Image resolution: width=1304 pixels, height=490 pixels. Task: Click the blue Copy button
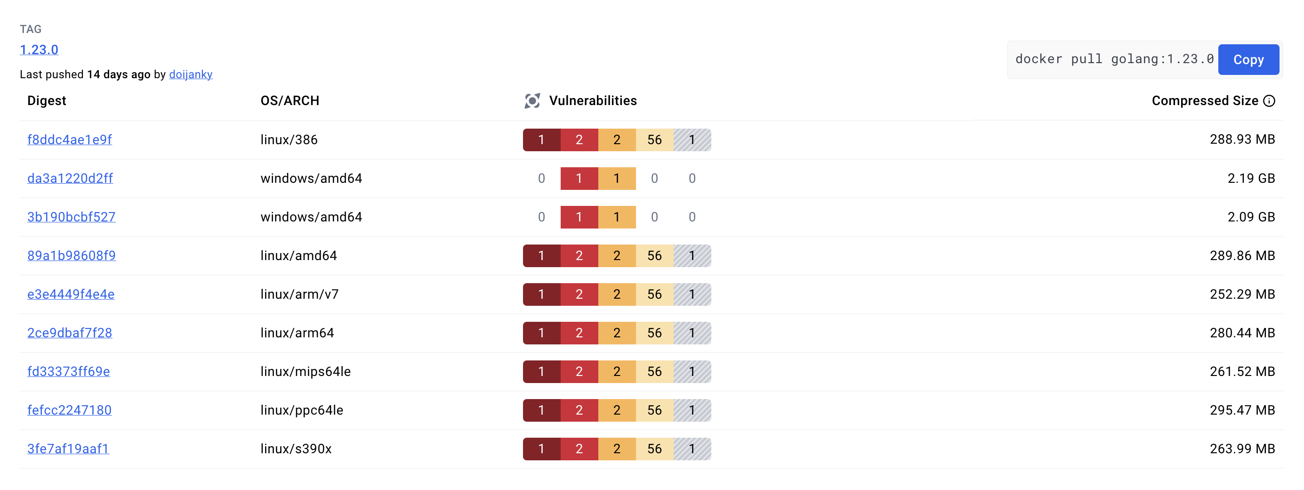tap(1248, 60)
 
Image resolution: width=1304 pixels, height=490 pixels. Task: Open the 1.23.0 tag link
tap(39, 49)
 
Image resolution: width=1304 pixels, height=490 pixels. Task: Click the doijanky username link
tap(190, 74)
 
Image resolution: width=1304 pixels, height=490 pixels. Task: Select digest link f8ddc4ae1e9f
tap(69, 140)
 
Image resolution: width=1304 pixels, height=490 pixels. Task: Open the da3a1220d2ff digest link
tap(70, 179)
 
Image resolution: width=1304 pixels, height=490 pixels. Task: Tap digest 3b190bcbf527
tap(72, 217)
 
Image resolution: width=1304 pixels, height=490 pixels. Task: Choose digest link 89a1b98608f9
tap(72, 255)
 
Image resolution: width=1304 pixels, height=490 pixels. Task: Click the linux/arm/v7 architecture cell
tap(299, 294)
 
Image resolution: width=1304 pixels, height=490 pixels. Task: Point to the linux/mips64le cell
tap(305, 371)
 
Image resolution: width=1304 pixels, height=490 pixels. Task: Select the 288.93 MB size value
tap(1242, 139)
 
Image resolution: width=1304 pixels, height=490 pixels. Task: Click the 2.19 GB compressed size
tap(1250, 179)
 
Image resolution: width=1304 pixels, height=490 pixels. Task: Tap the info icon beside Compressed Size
tap(1269, 101)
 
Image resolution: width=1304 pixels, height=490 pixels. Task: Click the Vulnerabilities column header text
tap(592, 101)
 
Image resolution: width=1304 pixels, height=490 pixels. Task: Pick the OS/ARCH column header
tap(290, 101)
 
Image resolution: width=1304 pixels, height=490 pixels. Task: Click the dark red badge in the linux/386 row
tap(541, 140)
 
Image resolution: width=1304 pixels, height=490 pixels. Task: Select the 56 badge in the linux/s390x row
tap(654, 449)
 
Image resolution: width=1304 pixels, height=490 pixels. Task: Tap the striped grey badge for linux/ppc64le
tap(692, 410)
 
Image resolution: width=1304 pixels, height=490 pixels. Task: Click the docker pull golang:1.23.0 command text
tap(1114, 59)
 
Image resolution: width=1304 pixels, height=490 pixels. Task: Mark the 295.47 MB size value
tap(1242, 410)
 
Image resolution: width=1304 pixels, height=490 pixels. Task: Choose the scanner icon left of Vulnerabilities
tap(532, 101)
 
